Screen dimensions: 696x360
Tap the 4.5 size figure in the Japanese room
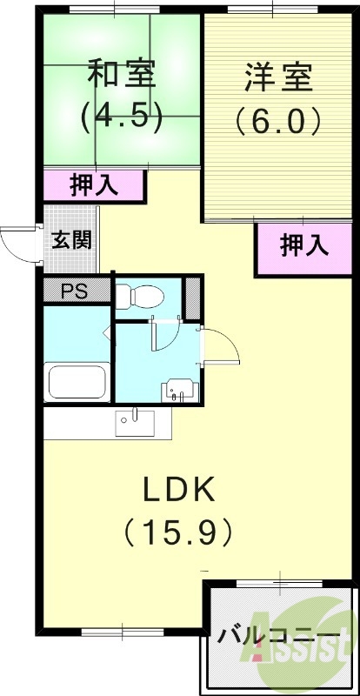tap(121, 117)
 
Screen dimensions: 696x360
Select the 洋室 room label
tap(280, 78)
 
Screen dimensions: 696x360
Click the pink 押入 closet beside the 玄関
tap(94, 184)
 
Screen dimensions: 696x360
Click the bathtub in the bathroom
tap(77, 381)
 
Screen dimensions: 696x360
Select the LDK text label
tap(178, 492)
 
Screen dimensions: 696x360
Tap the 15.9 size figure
tap(178, 529)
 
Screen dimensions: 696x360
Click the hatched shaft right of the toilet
tap(192, 298)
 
